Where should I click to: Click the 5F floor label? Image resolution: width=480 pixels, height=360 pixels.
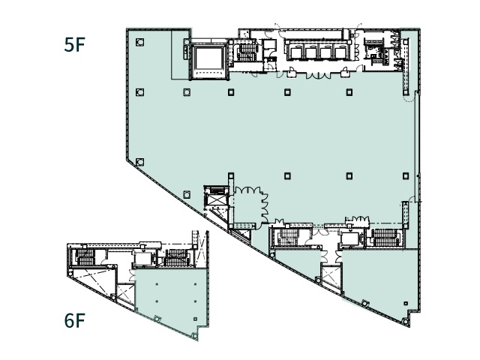click(74, 44)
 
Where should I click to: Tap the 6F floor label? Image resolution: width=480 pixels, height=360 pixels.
click(74, 320)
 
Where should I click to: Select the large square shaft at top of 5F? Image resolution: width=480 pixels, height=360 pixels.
click(209, 59)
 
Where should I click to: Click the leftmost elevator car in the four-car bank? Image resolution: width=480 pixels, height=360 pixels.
click(296, 52)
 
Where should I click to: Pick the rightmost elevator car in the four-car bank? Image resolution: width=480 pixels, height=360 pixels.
click(340, 52)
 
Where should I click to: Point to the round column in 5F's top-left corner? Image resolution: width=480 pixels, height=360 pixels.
click(140, 42)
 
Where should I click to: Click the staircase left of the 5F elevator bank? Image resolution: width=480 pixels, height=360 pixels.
click(246, 52)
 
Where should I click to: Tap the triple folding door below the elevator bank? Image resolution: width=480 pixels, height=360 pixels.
click(319, 75)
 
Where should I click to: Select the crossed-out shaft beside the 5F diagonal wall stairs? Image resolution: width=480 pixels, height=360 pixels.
click(216, 201)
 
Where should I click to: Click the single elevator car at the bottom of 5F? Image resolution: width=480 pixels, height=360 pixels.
click(350, 238)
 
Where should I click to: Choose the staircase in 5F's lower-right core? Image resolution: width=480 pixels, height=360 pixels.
click(385, 238)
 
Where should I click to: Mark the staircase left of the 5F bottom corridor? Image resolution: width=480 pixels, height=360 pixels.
click(287, 237)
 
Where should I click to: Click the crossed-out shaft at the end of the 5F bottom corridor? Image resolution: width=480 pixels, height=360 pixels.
click(331, 277)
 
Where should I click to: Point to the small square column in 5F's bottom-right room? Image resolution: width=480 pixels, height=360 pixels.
click(406, 304)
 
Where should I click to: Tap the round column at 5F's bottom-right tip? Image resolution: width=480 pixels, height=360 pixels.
click(406, 322)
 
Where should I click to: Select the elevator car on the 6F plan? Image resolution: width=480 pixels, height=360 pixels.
click(142, 259)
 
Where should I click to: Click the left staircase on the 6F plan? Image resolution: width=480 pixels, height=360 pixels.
click(85, 257)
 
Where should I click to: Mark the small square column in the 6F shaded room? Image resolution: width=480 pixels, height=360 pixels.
click(196, 319)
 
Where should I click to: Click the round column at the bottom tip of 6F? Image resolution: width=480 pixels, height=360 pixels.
click(194, 336)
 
